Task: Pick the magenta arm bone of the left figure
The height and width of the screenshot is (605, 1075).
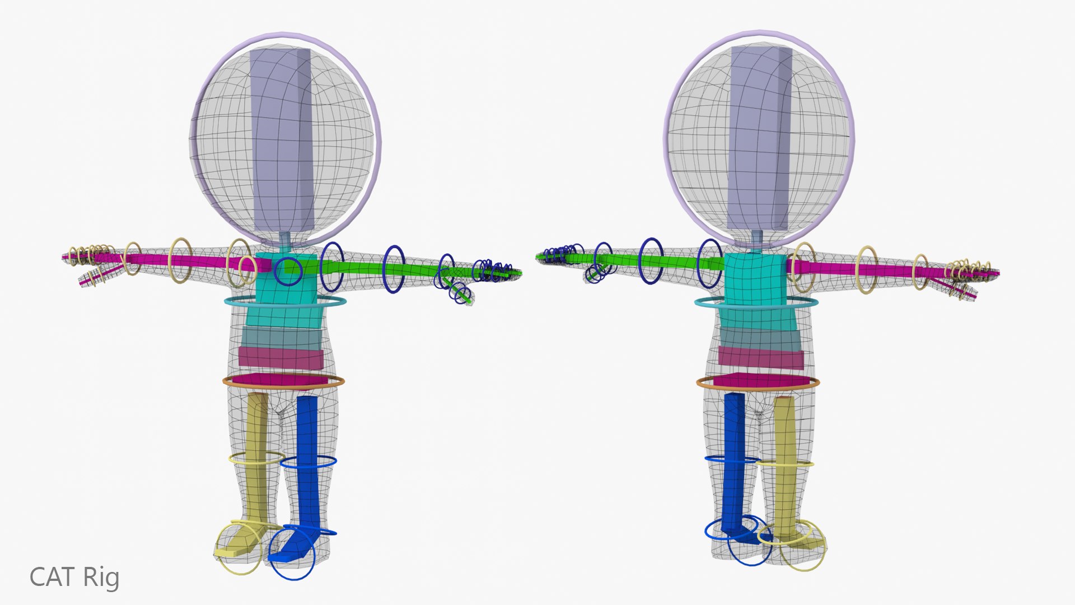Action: coord(168,262)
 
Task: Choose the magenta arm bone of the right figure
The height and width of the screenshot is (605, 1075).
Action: coord(890,270)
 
